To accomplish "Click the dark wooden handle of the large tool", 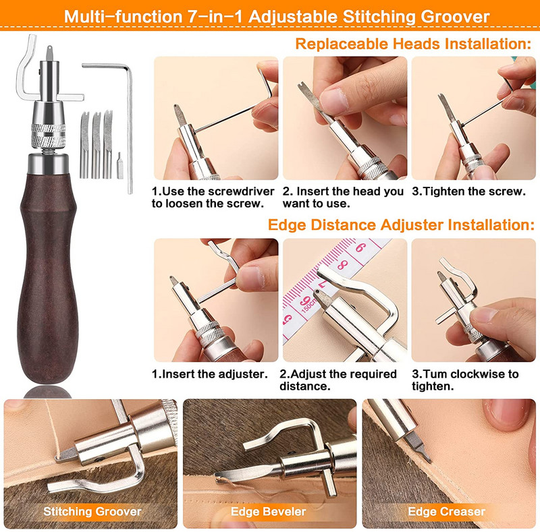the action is pyautogui.click(x=48, y=275).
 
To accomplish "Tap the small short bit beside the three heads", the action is pyautogui.click(x=119, y=165).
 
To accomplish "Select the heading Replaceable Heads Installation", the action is pyautogui.click(x=413, y=44).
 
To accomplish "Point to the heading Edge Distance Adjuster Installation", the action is pyautogui.click(x=401, y=225).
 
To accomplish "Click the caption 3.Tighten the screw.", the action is pyautogui.click(x=468, y=191).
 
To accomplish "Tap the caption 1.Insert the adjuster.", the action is pyautogui.click(x=210, y=374).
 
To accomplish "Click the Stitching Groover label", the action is pyautogui.click(x=92, y=511).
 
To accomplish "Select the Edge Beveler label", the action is pyautogui.click(x=268, y=511).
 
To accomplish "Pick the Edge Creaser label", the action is pyautogui.click(x=447, y=511).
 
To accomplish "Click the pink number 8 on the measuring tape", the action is pyautogui.click(x=343, y=264).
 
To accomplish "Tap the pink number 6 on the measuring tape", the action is pyautogui.click(x=360, y=247).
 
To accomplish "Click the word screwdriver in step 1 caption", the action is pyautogui.click(x=241, y=191).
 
